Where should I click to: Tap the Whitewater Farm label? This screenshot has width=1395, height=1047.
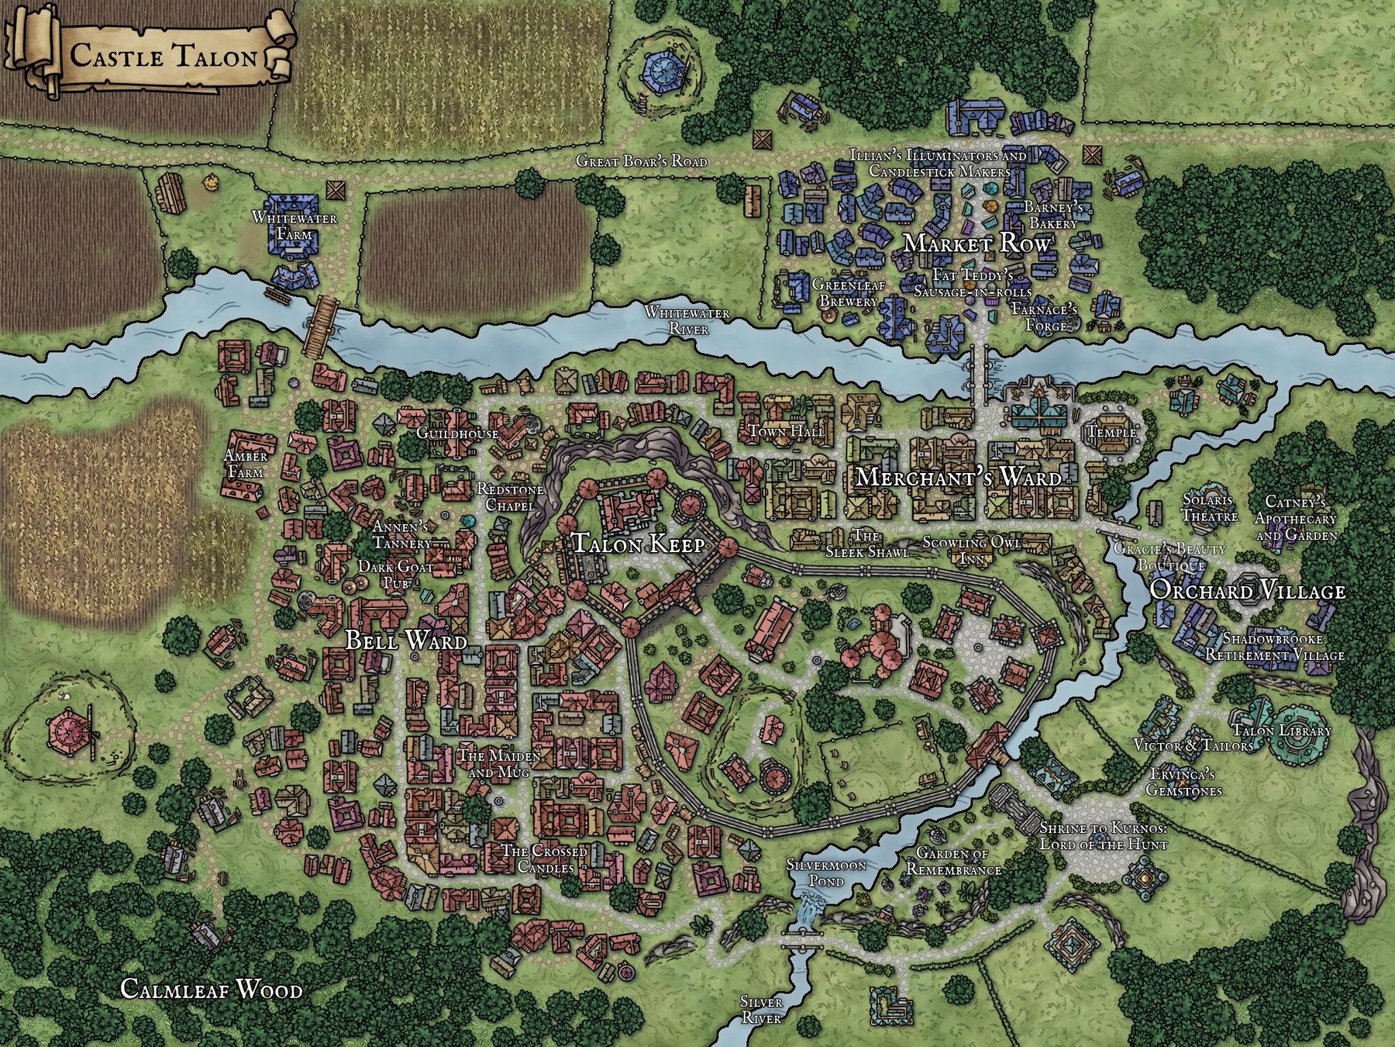tap(294, 226)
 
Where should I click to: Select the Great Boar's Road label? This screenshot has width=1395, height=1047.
tap(642, 161)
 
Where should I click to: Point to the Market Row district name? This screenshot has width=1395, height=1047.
tap(977, 244)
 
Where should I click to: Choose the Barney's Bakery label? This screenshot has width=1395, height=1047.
tap(1052, 216)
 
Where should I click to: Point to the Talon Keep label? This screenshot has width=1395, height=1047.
tap(638, 544)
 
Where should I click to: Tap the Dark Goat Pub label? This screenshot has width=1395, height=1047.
tap(384, 574)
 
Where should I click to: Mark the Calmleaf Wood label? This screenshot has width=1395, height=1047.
tap(211, 990)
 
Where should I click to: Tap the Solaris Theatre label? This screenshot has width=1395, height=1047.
tap(1207, 506)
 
